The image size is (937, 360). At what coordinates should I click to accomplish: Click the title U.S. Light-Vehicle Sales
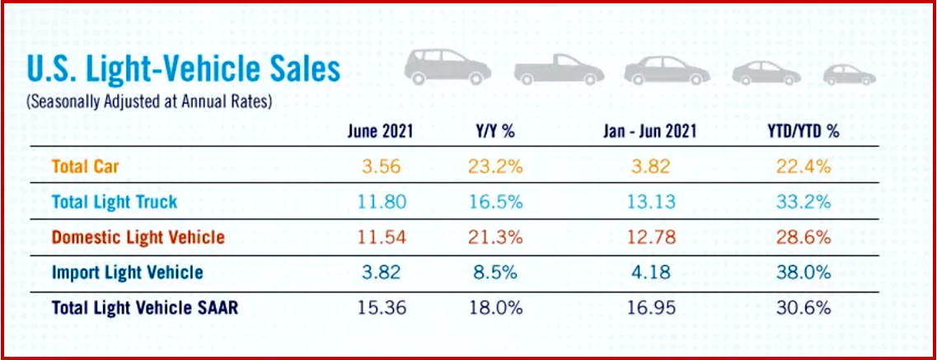click(183, 70)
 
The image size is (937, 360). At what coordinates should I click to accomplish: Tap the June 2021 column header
click(380, 131)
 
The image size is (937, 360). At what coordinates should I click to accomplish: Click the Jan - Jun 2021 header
click(647, 131)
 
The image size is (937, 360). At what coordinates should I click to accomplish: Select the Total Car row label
click(85, 166)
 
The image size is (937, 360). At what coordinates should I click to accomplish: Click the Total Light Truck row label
click(114, 202)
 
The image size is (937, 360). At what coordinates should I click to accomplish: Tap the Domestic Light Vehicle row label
click(138, 237)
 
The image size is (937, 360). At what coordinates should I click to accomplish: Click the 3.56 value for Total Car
click(381, 166)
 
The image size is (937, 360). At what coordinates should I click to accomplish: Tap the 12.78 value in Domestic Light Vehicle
click(647, 237)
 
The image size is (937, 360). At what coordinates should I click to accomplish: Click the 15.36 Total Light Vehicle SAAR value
click(381, 308)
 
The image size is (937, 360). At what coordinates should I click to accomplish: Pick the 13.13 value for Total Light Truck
click(647, 202)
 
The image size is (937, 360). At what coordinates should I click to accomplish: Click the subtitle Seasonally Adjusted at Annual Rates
click(149, 102)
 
